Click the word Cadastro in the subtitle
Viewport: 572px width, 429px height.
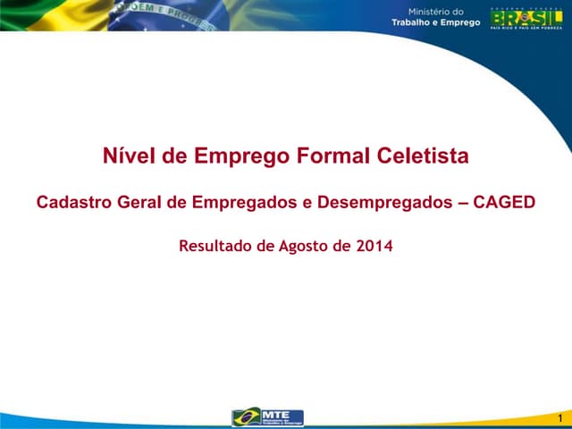coord(73,202)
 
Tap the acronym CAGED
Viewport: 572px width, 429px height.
coord(506,202)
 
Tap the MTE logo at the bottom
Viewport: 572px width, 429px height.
coord(268,417)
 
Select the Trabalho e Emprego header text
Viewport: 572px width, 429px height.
coord(435,22)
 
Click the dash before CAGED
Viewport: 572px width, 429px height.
coord(463,202)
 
